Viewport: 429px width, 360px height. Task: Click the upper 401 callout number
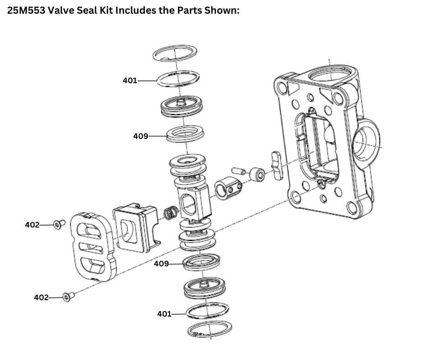click(x=130, y=80)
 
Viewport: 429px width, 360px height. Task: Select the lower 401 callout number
click(x=164, y=314)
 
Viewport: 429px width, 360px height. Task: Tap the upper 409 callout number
click(x=141, y=136)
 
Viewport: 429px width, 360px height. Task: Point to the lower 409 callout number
click(x=161, y=264)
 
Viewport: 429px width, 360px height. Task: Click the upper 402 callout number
click(x=31, y=225)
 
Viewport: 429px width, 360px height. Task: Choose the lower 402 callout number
click(x=41, y=297)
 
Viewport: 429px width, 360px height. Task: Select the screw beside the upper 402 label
click(x=58, y=224)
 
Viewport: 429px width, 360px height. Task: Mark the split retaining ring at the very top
click(x=175, y=53)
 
